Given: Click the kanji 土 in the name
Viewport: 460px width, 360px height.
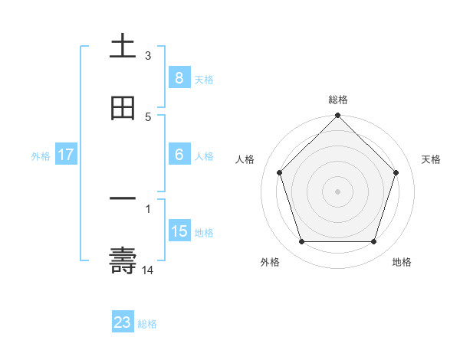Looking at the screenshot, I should [123, 47].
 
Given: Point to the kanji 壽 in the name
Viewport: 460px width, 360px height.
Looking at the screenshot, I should [123, 261].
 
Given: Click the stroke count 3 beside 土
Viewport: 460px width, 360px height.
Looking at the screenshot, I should [148, 56].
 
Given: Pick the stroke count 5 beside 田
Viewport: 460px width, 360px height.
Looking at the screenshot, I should [148, 116].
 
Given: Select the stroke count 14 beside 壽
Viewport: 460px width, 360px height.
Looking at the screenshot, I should [148, 270].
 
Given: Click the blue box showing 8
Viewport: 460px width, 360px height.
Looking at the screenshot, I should [179, 77].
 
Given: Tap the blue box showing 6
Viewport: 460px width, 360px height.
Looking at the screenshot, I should [179, 154].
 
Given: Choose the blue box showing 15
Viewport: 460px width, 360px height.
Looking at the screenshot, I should [179, 231].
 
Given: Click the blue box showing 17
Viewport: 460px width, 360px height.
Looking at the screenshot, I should [66, 155].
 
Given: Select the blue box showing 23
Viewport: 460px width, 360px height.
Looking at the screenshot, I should [123, 322].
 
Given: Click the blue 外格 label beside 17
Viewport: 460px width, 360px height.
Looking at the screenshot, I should [41, 155].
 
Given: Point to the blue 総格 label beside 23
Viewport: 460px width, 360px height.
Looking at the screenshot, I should [147, 324].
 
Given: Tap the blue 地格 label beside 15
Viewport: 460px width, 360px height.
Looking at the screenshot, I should [204, 232].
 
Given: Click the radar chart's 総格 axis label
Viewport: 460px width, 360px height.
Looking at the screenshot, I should [338, 100].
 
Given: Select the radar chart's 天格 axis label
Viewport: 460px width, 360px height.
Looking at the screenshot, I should [432, 159].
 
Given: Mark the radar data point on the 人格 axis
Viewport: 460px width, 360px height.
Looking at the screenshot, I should [279, 172].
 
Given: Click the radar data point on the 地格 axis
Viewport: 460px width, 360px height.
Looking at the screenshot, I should [373, 242].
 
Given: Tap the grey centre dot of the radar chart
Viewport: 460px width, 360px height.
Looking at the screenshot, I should [337, 191].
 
